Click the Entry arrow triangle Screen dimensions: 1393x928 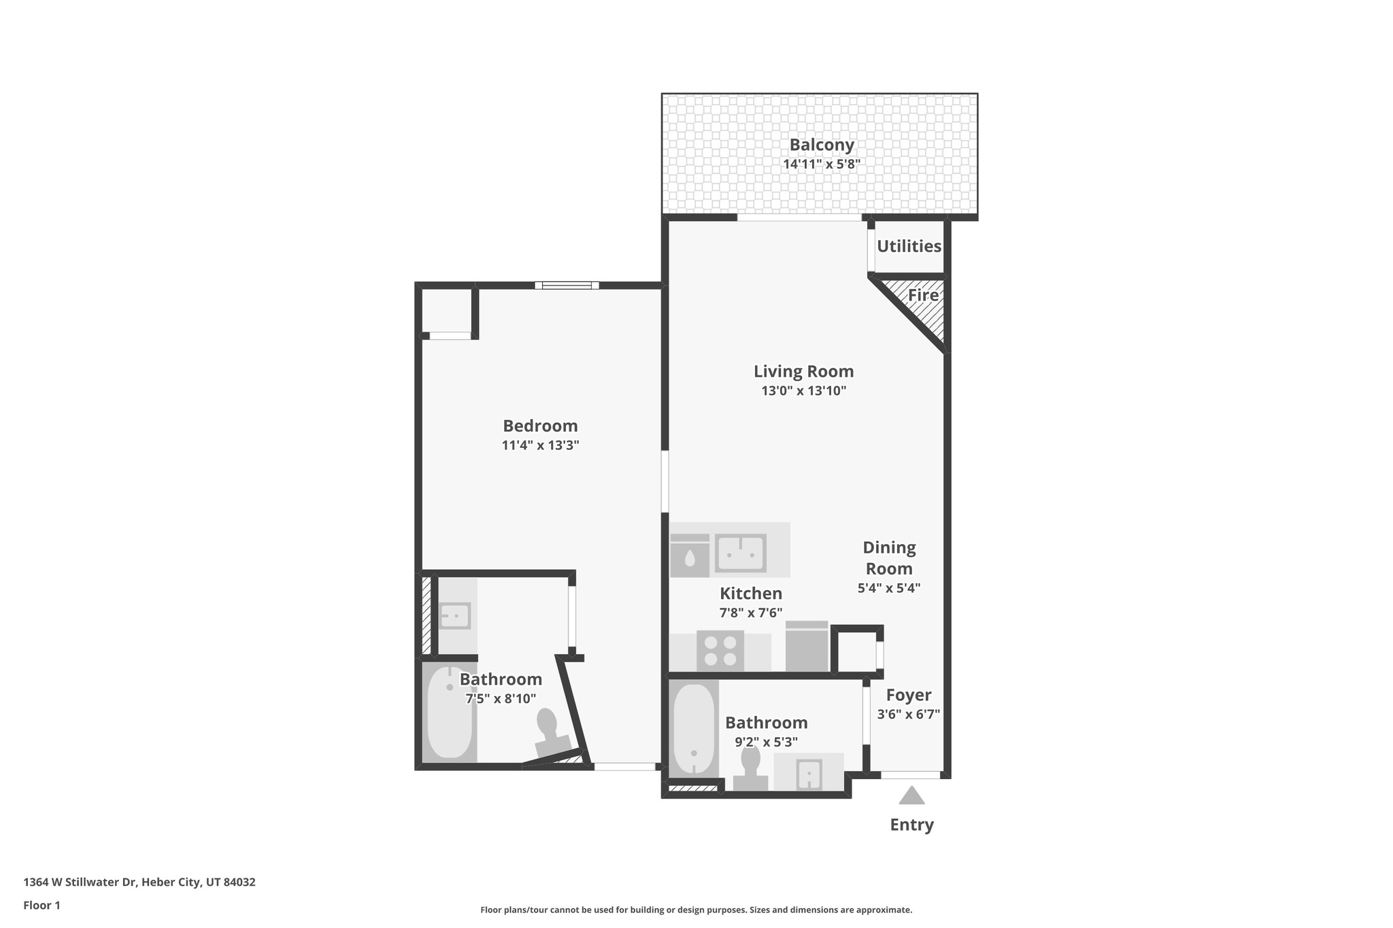(911, 795)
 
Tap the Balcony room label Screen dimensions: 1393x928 (822, 145)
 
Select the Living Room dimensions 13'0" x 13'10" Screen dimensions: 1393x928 (803, 391)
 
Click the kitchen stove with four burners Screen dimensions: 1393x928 (720, 651)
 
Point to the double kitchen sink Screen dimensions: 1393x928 (740, 553)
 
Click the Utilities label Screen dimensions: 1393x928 (909, 246)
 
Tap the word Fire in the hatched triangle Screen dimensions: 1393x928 (923, 295)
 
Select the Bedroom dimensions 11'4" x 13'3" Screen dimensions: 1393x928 (540, 445)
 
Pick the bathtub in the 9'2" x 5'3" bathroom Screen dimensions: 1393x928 (694, 729)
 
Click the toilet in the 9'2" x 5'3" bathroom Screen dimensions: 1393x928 (750, 769)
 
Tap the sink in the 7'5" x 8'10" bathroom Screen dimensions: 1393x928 (454, 616)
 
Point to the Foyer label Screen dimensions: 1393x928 (909, 695)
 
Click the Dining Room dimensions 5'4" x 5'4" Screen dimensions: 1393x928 (889, 588)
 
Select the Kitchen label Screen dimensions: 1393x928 (751, 594)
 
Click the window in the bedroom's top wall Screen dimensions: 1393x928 (567, 286)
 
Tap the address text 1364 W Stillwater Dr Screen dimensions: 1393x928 (80, 882)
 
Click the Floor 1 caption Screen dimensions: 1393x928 (41, 906)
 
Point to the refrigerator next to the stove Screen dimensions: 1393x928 (807, 647)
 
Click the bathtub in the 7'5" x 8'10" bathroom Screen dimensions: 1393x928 (449, 712)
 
